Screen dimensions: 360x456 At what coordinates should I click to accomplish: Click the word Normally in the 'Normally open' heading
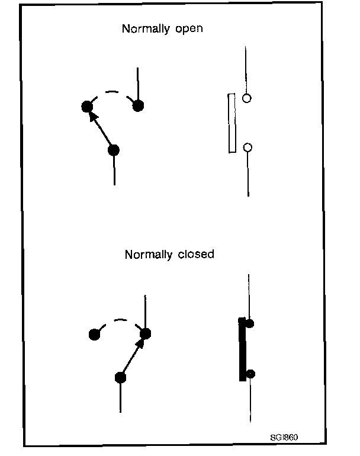coord(142,28)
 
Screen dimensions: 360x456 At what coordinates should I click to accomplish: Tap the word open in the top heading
coord(187,29)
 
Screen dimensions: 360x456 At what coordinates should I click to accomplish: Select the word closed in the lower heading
coord(196,255)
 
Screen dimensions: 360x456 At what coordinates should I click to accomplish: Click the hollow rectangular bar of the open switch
coord(232,123)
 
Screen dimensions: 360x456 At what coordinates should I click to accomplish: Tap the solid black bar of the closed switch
coord(242,349)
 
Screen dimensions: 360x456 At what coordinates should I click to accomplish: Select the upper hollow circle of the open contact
coord(247,98)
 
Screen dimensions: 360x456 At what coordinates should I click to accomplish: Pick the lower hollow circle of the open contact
coord(248,147)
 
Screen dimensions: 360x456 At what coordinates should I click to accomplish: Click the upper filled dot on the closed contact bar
coord(250,323)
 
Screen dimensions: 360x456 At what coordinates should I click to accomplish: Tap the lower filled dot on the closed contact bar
coord(250,373)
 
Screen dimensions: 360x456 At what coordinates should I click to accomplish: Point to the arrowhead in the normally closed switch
coord(141,343)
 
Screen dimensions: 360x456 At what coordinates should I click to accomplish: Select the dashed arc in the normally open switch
coord(112,94)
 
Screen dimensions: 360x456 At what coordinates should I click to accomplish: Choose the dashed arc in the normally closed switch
coord(119,322)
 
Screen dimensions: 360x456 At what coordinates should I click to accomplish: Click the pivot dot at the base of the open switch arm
coord(114,150)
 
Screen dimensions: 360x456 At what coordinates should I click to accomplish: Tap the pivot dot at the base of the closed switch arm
coord(120,377)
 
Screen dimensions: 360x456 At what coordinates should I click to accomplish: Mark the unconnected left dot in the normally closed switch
coord(94,334)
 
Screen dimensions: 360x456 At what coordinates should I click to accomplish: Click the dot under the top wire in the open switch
coord(138,106)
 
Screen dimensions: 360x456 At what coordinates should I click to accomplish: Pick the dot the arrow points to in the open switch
coord(86,107)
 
